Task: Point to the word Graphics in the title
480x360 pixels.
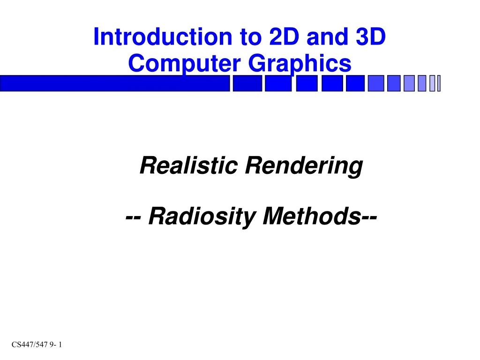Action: point(299,64)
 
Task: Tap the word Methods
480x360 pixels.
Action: point(310,216)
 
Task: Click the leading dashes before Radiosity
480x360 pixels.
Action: point(135,217)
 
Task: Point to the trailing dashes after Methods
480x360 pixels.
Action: point(368,217)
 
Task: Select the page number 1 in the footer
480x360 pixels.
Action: point(61,345)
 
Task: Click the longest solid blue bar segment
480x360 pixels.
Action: point(115,83)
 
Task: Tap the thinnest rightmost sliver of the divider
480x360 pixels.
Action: point(439,83)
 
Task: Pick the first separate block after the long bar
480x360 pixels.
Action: point(247,83)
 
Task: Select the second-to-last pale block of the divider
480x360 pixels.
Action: point(432,83)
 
